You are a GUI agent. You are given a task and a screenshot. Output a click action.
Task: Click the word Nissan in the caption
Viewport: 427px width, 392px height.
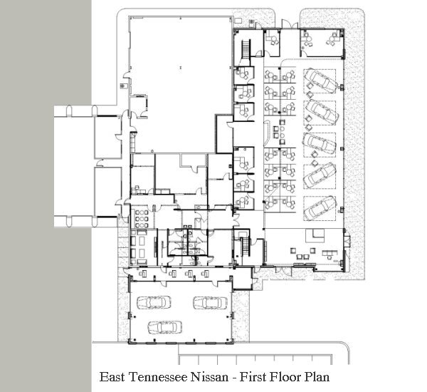pyautogui.click(x=209, y=377)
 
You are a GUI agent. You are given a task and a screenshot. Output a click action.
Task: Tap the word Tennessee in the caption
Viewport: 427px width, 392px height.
pyautogui.click(x=158, y=377)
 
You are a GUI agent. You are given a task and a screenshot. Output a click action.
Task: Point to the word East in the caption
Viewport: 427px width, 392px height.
pyautogui.click(x=112, y=377)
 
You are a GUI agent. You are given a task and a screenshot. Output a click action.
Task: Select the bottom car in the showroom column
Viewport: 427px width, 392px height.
pyautogui.click(x=320, y=207)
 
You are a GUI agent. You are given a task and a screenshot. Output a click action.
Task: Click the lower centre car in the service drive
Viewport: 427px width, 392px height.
pyautogui.click(x=165, y=327)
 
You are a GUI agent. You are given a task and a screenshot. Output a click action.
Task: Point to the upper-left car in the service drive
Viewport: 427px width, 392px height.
pyautogui.click(x=154, y=302)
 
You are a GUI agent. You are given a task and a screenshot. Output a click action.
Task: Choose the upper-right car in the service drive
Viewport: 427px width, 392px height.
pyautogui.click(x=210, y=302)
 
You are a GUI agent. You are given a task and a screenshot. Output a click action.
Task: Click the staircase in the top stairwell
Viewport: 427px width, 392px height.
pyautogui.click(x=246, y=49)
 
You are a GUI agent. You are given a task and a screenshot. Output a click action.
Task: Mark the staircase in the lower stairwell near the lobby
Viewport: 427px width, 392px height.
pyautogui.click(x=245, y=246)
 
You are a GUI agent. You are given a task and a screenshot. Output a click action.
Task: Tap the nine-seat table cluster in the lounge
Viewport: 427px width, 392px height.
pyautogui.click(x=142, y=219)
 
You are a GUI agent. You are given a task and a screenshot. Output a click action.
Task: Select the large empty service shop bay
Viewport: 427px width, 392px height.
pyautogui.click(x=181, y=84)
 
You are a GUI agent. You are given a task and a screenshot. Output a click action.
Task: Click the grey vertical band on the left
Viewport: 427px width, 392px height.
pyautogui.click(x=46, y=196)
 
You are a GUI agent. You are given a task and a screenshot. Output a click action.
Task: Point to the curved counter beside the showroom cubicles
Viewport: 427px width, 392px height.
pyautogui.click(x=267, y=134)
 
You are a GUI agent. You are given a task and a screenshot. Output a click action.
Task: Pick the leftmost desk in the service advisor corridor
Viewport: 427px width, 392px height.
pyautogui.click(x=143, y=273)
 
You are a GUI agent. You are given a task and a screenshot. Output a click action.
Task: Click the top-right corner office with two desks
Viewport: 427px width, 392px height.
pyautogui.click(x=322, y=43)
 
